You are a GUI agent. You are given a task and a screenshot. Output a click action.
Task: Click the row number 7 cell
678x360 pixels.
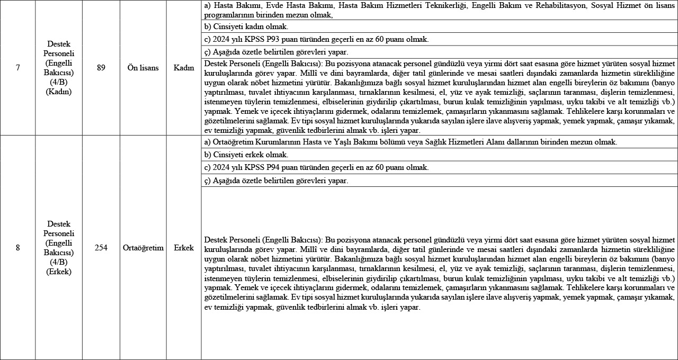(17, 68)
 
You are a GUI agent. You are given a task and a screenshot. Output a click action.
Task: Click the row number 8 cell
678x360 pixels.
(17, 247)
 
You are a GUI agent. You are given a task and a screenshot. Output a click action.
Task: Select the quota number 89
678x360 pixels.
(101, 68)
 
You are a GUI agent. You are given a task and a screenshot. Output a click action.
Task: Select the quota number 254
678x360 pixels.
(101, 247)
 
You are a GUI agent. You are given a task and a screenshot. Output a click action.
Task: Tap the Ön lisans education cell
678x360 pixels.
(143, 68)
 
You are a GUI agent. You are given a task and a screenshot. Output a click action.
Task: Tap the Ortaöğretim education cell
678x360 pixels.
(143, 247)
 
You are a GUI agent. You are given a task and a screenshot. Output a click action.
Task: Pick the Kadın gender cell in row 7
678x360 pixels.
(184, 68)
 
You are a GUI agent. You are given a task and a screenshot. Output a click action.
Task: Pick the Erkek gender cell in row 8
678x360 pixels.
(184, 247)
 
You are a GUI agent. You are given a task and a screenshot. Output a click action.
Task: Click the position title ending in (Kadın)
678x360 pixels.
(59, 68)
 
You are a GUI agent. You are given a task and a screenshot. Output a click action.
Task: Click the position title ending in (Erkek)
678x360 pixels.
(59, 247)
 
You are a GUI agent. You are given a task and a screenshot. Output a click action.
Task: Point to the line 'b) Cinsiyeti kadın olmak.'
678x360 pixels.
(246, 26)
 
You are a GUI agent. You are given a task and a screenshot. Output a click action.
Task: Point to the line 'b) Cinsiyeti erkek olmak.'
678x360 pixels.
(246, 155)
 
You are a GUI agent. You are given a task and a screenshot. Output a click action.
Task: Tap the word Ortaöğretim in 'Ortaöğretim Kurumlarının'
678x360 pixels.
(232, 142)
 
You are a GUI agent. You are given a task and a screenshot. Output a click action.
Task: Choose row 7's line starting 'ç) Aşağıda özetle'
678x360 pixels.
(276, 52)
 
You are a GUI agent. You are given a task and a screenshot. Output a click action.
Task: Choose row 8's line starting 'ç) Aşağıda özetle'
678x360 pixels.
(276, 181)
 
